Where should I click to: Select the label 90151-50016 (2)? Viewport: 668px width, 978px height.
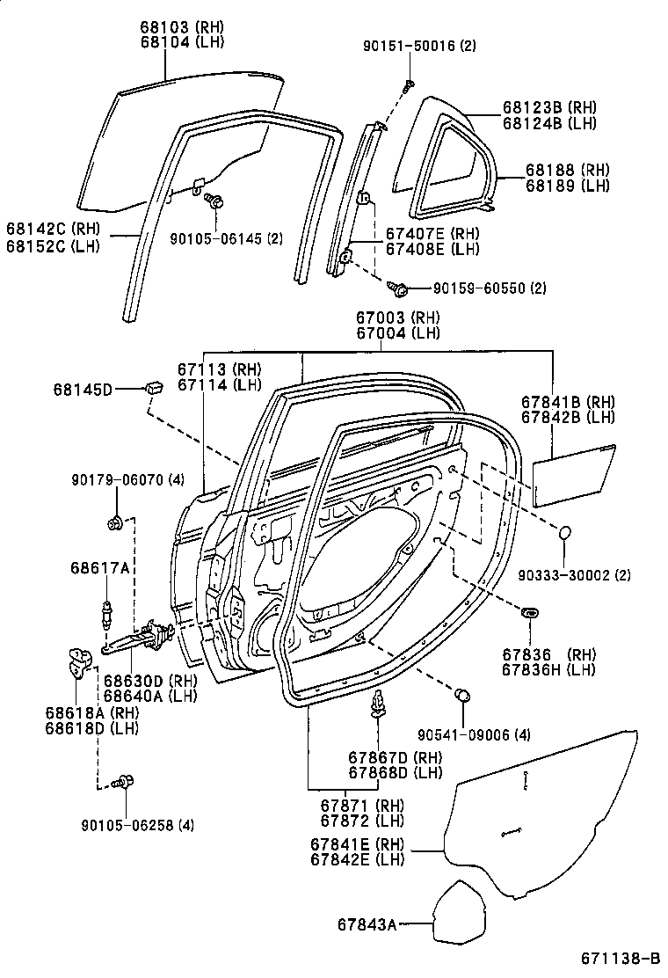click(417, 46)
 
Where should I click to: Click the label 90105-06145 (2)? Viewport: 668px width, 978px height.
click(226, 237)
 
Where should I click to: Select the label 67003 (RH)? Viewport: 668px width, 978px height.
click(398, 317)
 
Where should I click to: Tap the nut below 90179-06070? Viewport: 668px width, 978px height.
click(114, 525)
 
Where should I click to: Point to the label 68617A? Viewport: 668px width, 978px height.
click(100, 568)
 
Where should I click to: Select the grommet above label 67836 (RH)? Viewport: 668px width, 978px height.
click(531, 610)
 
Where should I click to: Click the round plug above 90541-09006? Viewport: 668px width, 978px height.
click(461, 697)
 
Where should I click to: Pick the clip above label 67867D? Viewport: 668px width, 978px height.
click(379, 702)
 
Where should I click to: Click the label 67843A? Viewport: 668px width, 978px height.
click(365, 924)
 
